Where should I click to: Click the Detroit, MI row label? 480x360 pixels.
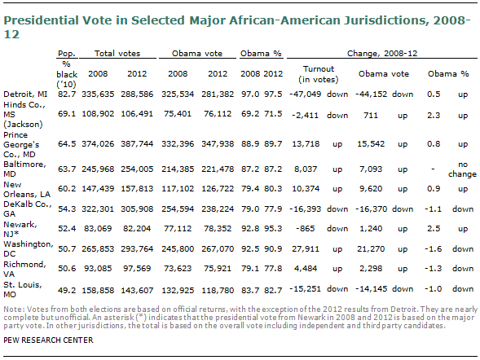click(25, 94)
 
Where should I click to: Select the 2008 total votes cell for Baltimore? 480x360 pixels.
click(98, 169)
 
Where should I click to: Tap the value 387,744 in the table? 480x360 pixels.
click(137, 143)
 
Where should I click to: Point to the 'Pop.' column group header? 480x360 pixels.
click(67, 54)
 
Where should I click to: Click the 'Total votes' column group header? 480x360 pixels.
click(117, 53)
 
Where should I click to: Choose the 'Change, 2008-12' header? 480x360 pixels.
click(382, 54)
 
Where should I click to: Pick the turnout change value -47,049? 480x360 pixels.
click(306, 94)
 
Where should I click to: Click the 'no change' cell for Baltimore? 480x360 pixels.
click(463, 169)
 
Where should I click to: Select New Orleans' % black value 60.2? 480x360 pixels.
click(67, 189)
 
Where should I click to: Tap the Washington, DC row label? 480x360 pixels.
click(29, 249)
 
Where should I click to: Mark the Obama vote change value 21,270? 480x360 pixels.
click(371, 249)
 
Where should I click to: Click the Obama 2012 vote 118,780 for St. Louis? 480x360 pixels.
click(218, 290)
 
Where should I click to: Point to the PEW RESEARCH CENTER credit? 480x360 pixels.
click(48, 340)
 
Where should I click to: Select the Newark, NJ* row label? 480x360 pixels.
click(20, 229)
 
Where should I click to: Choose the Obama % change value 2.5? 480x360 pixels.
click(434, 229)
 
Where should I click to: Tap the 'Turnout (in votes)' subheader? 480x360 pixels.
click(319, 74)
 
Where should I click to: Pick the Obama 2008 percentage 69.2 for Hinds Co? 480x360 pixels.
click(250, 114)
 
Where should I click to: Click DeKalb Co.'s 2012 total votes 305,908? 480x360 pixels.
click(137, 209)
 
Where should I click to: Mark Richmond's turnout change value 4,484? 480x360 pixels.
click(306, 269)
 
